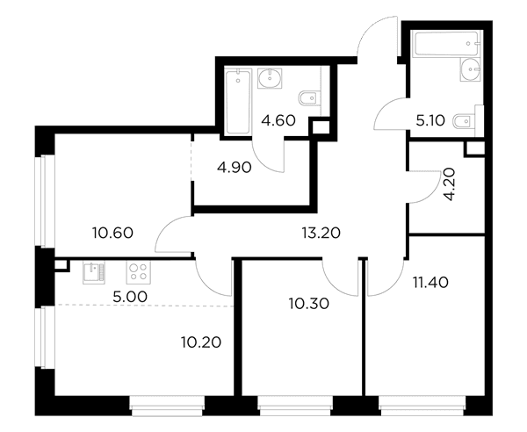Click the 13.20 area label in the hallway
click(321, 233)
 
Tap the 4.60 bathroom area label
click(278, 120)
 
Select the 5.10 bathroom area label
click(430, 120)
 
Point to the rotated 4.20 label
click(449, 184)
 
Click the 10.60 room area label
click(113, 233)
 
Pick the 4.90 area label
click(235, 168)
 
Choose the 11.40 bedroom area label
click(430, 283)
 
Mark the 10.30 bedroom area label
click(309, 303)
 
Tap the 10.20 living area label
click(201, 342)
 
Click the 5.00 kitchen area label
click(130, 297)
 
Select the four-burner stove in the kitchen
click(139, 272)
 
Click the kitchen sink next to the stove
click(94, 272)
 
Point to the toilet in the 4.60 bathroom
click(309, 98)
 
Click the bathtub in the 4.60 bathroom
click(238, 102)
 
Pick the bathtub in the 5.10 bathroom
click(446, 44)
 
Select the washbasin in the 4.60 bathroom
click(270, 79)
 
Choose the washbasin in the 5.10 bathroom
click(472, 69)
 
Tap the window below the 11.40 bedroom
click(422, 407)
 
